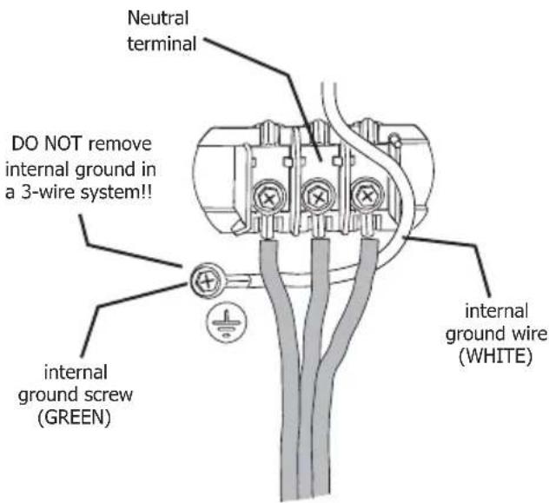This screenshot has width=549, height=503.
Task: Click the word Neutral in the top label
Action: pyautogui.click(x=158, y=18)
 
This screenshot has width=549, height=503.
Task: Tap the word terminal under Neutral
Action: pyautogui.click(x=162, y=44)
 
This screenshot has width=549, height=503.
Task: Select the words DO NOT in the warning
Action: pyautogui.click(x=47, y=144)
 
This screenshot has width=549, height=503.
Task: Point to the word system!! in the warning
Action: pyautogui.click(x=116, y=193)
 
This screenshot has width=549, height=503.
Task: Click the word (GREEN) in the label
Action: pyautogui.click(x=74, y=417)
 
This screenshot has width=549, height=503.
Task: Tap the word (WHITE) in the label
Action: pyautogui.click(x=495, y=356)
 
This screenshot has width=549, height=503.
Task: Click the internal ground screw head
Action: pyautogui.click(x=206, y=281)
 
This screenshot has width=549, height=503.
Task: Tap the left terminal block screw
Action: pyautogui.click(x=269, y=198)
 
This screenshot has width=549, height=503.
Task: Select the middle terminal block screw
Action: pyautogui.click(x=318, y=197)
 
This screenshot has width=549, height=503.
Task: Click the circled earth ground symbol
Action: pyautogui.click(x=227, y=321)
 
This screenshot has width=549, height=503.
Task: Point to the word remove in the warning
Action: pyautogui.click(x=120, y=144)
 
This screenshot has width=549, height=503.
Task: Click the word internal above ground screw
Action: pyautogui.click(x=76, y=373)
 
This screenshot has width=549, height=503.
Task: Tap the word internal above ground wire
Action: pyautogui.click(x=496, y=311)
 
